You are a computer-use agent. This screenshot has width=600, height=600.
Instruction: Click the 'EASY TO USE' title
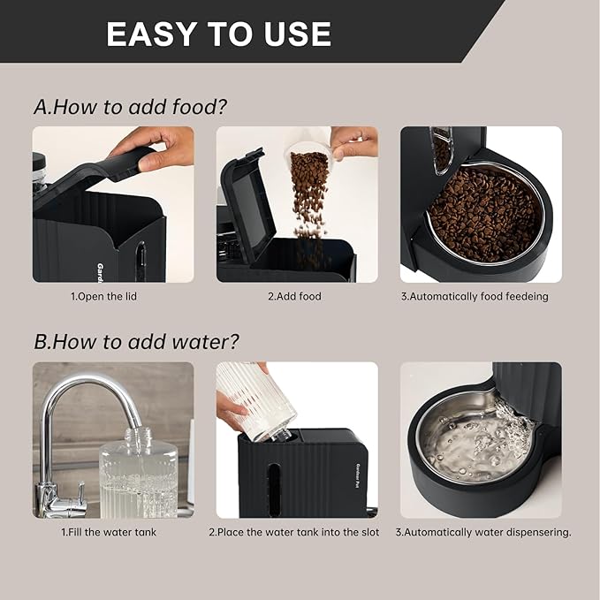coord(218,34)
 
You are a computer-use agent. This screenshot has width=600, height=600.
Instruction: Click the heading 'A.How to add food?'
coord(130,107)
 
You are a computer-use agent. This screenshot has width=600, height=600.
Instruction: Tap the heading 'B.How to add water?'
coord(136,341)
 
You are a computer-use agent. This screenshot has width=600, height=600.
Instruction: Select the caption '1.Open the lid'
coord(103,297)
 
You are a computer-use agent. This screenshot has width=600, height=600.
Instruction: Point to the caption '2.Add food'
coord(294,297)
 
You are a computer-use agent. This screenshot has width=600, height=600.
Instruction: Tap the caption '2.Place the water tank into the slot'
coord(294,533)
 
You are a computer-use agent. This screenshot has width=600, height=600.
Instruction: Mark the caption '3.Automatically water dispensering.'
coord(482,533)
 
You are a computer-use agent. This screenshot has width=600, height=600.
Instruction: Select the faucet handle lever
coord(75,491)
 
